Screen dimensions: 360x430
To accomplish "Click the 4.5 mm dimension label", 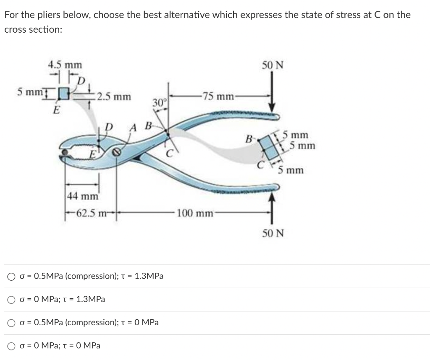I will (x=65, y=65).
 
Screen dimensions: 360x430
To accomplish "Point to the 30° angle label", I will (x=160, y=102).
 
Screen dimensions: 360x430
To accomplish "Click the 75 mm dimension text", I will (x=217, y=96).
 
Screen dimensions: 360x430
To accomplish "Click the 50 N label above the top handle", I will (x=273, y=65).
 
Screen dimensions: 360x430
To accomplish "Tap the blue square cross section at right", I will (x=269, y=147).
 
